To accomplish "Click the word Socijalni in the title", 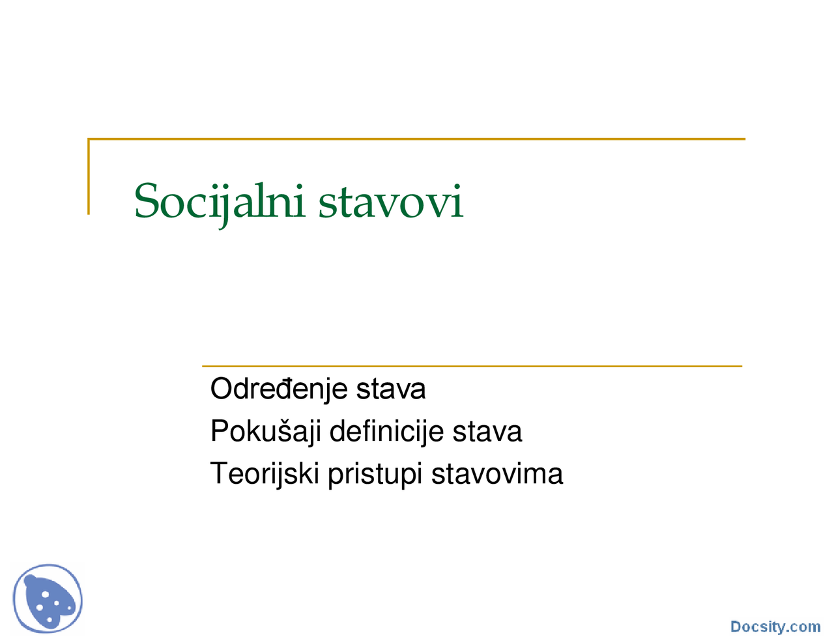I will point(219,201).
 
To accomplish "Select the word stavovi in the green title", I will point(390,202).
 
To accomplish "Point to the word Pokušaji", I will point(265,432).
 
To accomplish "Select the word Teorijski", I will point(265,474).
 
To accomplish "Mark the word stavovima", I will point(496,474).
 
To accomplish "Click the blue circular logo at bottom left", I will point(48,598).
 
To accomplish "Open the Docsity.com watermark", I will point(775,626).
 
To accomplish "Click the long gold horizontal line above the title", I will point(417,139).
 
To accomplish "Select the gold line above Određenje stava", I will point(472,366).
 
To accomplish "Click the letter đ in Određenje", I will point(293,389).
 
